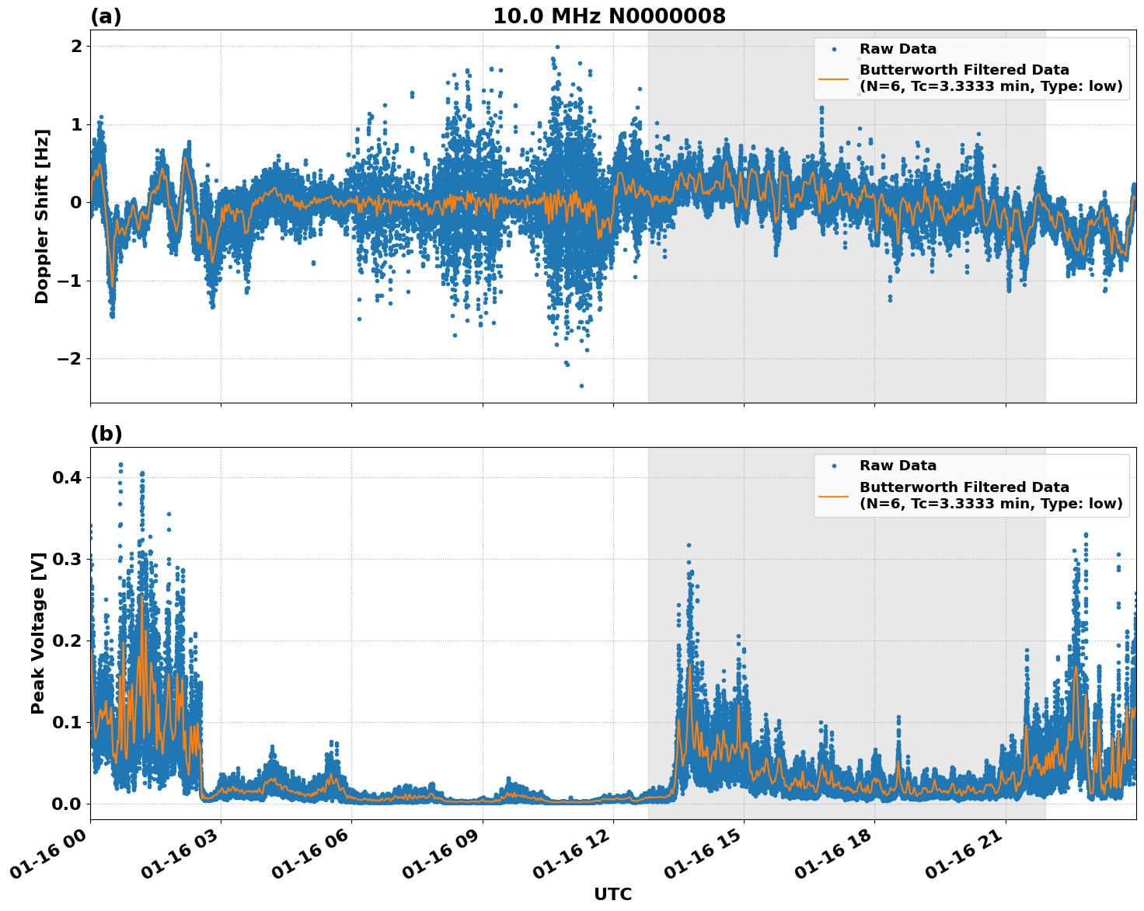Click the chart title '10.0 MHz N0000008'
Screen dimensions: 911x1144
[x=609, y=16]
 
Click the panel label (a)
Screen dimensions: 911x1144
[x=106, y=16]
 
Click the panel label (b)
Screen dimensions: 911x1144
[x=106, y=434]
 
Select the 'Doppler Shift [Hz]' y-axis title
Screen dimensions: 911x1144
[x=42, y=216]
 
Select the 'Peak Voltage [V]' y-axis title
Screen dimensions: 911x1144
[x=38, y=633]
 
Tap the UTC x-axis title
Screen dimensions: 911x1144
[x=612, y=894]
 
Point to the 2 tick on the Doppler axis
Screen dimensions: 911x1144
[x=76, y=47]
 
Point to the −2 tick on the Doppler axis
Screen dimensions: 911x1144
[x=71, y=359]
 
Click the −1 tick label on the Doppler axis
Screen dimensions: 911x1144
[x=71, y=281]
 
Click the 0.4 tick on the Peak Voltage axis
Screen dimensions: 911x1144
[x=67, y=477]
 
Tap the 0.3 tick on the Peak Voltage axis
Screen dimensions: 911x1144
[x=67, y=559]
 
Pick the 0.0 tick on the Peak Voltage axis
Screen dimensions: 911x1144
[x=67, y=804]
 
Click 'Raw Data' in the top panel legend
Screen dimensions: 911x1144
[x=898, y=49]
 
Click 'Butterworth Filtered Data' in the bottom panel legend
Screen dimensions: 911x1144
[x=964, y=487]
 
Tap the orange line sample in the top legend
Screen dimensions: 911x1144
[x=833, y=79]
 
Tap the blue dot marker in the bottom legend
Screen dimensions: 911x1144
[x=833, y=466]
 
